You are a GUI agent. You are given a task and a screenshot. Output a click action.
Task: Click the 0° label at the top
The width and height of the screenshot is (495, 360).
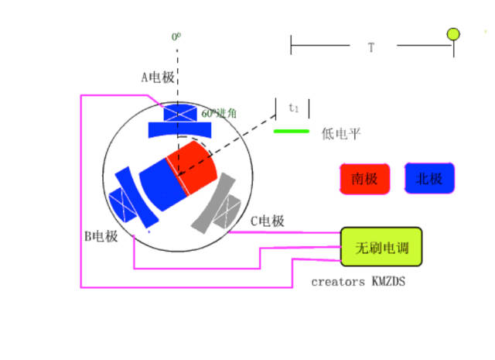[x=176, y=36]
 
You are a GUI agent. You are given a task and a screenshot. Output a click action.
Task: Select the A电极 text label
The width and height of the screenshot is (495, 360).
[x=157, y=77]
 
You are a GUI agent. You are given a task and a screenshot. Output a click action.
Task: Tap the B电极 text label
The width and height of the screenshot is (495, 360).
[x=101, y=236]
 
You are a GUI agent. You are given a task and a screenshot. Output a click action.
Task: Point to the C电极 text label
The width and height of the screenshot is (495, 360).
[x=267, y=221]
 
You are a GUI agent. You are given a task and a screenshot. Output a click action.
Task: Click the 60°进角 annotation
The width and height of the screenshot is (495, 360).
[x=219, y=113]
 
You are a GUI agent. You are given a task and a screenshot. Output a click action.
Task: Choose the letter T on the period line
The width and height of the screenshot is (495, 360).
[x=371, y=47]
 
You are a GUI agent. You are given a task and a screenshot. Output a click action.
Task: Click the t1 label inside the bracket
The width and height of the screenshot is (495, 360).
[x=293, y=108]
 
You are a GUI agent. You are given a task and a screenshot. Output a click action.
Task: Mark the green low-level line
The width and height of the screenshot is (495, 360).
[x=292, y=131]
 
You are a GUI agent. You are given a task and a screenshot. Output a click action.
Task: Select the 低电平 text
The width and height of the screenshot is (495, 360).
[x=340, y=133]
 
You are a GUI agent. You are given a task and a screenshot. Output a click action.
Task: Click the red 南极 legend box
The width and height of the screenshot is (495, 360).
[x=364, y=179]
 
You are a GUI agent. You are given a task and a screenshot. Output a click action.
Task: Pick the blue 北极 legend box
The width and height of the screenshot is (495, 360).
[x=429, y=179]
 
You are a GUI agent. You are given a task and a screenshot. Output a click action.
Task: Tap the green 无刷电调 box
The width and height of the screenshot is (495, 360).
[x=381, y=248]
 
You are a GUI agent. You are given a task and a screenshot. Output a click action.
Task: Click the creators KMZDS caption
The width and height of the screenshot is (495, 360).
[x=358, y=282]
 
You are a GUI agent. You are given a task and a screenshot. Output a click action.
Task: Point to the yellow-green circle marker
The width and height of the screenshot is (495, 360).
[x=453, y=34]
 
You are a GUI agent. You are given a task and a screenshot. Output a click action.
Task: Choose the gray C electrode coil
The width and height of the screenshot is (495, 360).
[x=220, y=203]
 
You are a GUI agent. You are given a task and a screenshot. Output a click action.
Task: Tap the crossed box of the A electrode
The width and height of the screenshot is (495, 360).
[x=180, y=112]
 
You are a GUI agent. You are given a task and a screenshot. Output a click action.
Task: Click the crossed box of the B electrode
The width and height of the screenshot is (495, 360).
[x=123, y=204]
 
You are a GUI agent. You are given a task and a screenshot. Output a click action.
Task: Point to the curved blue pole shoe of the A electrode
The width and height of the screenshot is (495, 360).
[x=179, y=129]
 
